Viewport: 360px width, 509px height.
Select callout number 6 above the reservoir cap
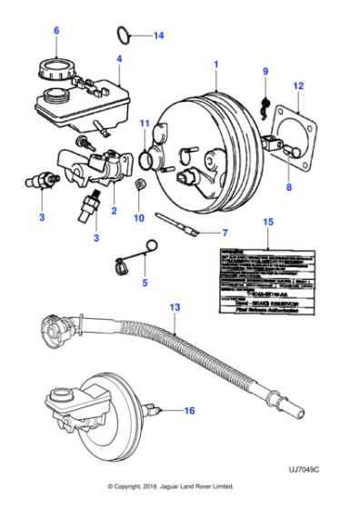click(x=55, y=33)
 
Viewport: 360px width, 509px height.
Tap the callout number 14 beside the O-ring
click(x=158, y=36)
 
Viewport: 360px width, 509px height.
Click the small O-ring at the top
click(x=125, y=35)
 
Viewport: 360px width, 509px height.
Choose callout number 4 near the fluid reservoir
click(x=118, y=60)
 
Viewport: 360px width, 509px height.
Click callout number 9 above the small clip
click(x=266, y=72)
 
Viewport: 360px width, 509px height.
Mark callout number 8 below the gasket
click(x=290, y=188)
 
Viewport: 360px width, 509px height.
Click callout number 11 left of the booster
click(x=144, y=123)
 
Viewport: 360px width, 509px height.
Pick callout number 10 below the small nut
click(x=139, y=218)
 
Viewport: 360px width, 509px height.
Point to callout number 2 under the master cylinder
click(x=114, y=211)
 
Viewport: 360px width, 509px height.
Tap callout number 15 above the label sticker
click(x=267, y=222)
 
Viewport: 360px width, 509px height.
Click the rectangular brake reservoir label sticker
click(x=267, y=277)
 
